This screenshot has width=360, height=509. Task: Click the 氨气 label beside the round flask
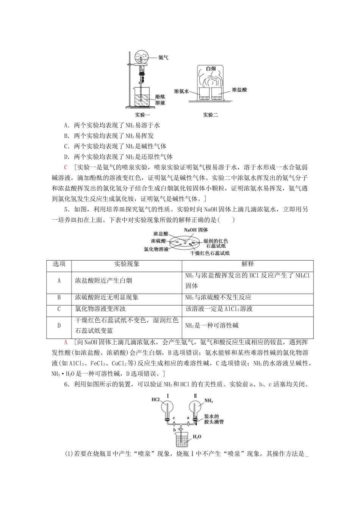(x=163, y=58)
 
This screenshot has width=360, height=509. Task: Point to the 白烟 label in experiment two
(x=211, y=69)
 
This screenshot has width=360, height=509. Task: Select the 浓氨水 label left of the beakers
(x=181, y=91)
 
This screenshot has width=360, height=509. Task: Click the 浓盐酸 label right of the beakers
(x=239, y=90)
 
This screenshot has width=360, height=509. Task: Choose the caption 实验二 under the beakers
(x=211, y=115)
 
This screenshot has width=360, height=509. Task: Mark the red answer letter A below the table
(x=66, y=342)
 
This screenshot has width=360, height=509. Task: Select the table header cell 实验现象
(x=127, y=264)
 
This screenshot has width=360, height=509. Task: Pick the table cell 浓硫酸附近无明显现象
(x=107, y=298)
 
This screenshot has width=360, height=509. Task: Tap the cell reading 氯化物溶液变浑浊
(x=100, y=309)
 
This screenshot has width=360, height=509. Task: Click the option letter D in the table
(x=59, y=325)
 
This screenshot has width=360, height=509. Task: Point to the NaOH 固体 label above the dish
(x=196, y=230)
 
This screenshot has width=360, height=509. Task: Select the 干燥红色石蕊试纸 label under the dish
(x=210, y=253)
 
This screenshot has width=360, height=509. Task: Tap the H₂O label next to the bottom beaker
(x=197, y=437)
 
